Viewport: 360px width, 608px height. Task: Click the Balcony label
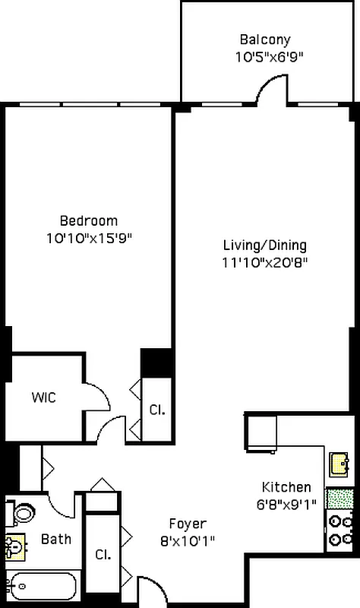pos(264,40)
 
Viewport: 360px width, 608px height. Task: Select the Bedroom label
pos(89,221)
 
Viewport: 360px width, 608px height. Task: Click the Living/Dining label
pos(264,245)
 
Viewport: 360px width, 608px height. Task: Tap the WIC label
pos(43,397)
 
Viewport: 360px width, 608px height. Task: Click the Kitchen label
pos(286,487)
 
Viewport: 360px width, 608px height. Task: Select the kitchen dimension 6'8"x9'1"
pos(286,503)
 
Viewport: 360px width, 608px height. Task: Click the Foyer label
pos(187,524)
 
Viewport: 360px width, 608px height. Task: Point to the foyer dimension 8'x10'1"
pos(187,541)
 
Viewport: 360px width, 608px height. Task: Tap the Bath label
pos(56,540)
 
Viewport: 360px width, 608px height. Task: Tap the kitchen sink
pos(339,462)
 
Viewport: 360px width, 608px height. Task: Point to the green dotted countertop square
pos(339,499)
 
